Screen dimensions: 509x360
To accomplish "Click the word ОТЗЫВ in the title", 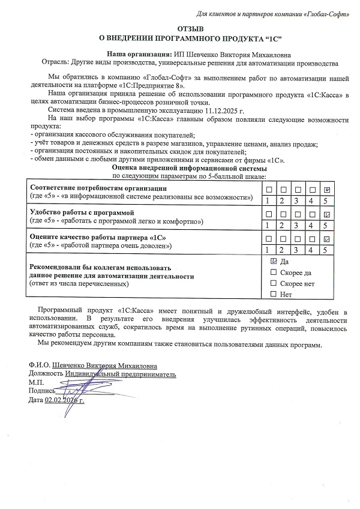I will pos(191,29).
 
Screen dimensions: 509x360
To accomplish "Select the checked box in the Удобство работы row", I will pos(327,215).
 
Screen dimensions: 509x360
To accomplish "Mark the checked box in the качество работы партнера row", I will pos(327,240).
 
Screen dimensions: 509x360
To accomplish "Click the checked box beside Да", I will pos(274,262).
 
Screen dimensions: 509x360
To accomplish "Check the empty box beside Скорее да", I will pos(274,273).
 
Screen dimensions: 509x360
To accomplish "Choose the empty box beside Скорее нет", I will pos(274,283).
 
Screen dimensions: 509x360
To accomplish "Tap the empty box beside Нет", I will pos(274,294).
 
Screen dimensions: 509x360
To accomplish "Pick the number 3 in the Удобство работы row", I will pos(296,226).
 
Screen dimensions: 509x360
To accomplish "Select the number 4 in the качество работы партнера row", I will pos(311,250).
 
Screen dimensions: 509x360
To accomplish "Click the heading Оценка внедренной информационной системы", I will pos(191,169).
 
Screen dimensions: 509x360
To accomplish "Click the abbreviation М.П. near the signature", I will pos(36,382).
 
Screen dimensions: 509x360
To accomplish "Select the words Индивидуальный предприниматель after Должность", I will pos(121,373).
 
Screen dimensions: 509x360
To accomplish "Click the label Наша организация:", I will pos(139,54).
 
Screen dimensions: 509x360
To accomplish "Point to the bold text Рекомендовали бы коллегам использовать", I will pos(100,268).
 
